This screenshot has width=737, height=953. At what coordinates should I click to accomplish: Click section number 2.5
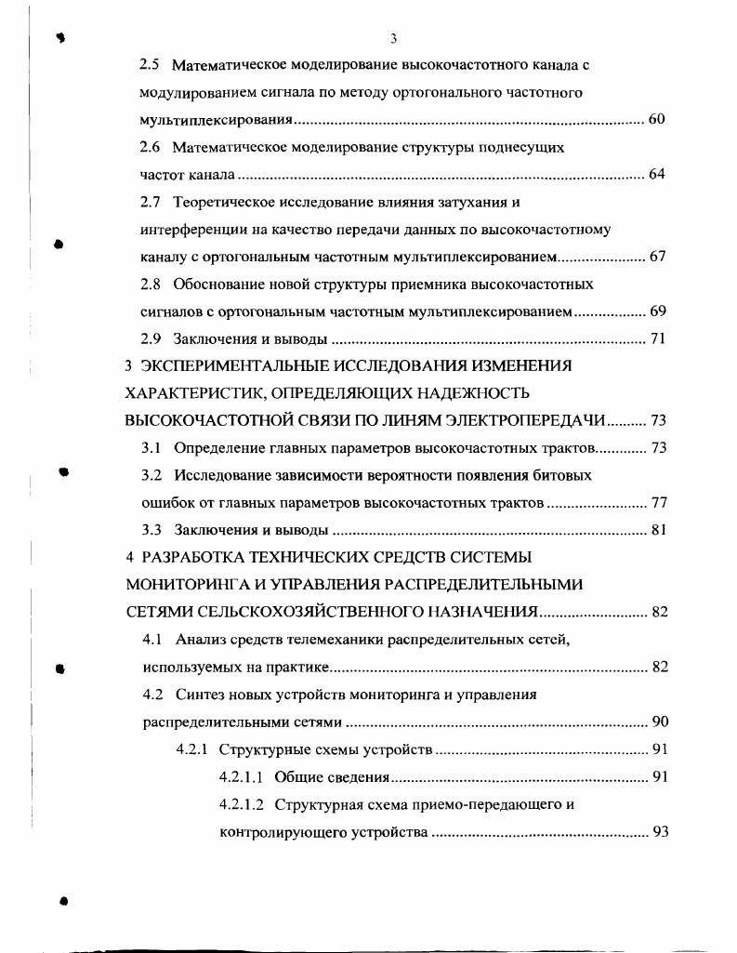point(150,66)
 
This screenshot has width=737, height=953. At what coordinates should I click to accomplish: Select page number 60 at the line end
point(657,121)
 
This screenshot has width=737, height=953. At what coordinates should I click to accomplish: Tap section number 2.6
point(150,148)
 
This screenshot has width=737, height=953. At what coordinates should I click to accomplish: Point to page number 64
point(657,175)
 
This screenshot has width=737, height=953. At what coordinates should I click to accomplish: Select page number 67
point(657,257)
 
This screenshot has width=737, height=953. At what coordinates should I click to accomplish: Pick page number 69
point(657,311)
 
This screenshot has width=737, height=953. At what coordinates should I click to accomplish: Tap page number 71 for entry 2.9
point(657,338)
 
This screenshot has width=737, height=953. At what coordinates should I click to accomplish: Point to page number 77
point(658,503)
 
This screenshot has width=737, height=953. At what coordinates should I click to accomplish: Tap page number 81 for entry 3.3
point(658,531)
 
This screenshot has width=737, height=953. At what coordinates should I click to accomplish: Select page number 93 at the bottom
point(660,831)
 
